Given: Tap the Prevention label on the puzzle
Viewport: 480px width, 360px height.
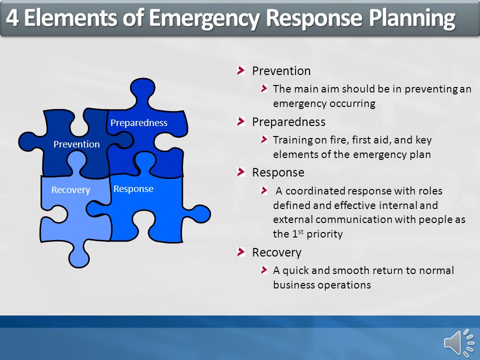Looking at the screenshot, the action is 76,144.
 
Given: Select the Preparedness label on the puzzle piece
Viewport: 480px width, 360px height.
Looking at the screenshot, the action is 139,123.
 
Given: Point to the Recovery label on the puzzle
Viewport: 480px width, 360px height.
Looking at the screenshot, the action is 70,190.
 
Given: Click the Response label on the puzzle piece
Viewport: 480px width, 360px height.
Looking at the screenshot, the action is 133,189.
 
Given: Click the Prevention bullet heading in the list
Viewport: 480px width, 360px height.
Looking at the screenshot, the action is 281,71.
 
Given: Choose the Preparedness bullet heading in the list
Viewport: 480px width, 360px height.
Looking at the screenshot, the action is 288,122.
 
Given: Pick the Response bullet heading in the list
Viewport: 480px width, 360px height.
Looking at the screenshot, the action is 278,172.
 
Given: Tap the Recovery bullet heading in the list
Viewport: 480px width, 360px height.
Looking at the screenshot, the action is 276,252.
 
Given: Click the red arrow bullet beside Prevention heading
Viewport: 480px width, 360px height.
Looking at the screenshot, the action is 241,70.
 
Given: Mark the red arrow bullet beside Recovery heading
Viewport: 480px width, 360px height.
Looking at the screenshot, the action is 241,252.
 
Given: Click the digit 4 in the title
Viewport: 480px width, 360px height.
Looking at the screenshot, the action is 12,18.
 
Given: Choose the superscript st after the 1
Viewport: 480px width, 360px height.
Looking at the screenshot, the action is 301,231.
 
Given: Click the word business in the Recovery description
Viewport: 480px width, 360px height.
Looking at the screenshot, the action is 294,285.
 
